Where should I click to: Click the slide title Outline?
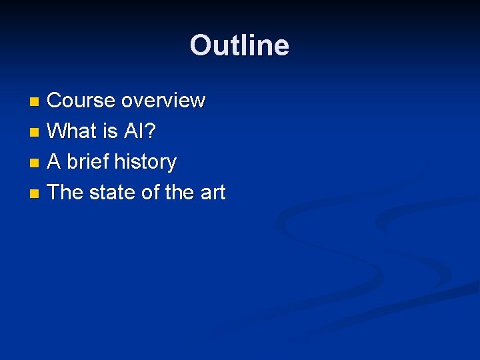[x=239, y=46]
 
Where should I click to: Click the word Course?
[x=81, y=101]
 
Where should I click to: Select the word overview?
[x=163, y=101]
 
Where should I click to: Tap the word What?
[x=73, y=131]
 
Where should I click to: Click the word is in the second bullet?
[x=111, y=131]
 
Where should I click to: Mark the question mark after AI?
[x=151, y=131]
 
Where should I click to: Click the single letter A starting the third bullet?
[x=55, y=162]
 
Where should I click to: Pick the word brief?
[x=89, y=162]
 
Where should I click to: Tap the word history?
[x=145, y=162]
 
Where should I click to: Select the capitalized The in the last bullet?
[x=65, y=193]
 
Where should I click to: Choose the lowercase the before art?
[x=179, y=193]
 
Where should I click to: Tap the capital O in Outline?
[x=199, y=46]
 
